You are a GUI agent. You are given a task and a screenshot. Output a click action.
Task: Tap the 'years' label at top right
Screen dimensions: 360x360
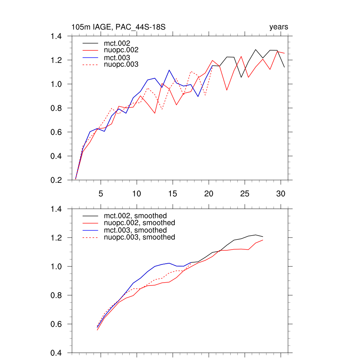tap(279, 27)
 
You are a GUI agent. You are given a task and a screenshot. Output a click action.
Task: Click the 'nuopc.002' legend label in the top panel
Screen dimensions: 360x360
tap(123, 50)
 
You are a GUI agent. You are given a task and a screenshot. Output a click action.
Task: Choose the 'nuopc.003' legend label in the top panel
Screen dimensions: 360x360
tap(123, 64)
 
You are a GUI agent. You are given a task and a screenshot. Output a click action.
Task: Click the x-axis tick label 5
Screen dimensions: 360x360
tap(101, 194)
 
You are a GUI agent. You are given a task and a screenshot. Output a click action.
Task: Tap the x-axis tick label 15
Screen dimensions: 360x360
tap(173, 194)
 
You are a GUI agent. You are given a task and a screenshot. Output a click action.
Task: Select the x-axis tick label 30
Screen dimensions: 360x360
tap(281, 194)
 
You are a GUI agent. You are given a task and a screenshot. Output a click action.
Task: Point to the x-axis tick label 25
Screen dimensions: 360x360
tap(245, 194)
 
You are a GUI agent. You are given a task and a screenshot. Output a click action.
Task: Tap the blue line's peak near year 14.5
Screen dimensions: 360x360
tap(169, 70)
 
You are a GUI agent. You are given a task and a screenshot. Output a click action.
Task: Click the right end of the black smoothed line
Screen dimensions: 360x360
tap(263, 237)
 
